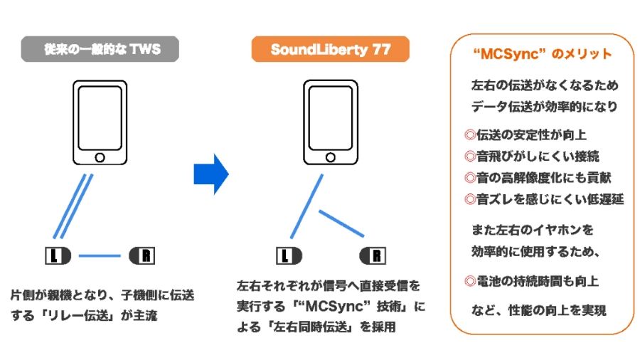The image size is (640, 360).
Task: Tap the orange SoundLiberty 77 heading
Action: click(x=330, y=50)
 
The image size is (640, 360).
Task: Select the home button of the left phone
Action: click(x=100, y=156)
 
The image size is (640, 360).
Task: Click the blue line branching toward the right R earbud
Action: click(x=341, y=223)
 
